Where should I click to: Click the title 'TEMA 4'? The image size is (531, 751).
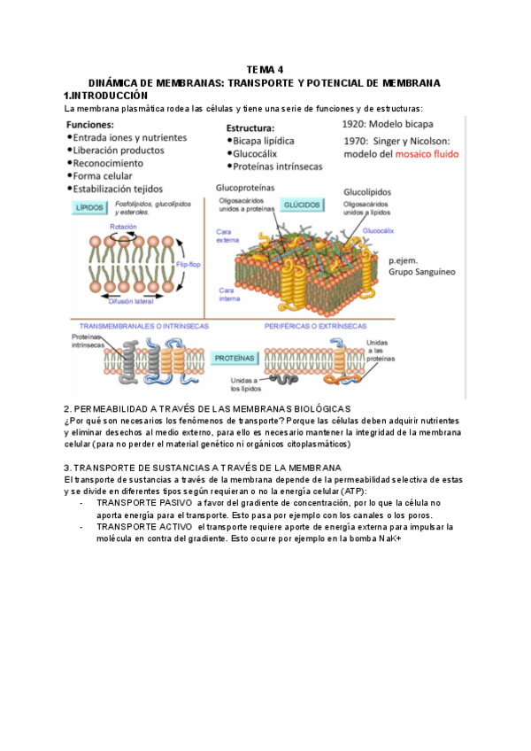pos(265,72)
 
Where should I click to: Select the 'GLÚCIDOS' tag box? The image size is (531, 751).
pos(302,204)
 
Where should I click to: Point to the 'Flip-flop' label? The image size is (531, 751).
pos(189,265)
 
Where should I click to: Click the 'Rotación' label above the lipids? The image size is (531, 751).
pos(122,227)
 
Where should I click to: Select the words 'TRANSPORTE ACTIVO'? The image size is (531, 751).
pos(144,526)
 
